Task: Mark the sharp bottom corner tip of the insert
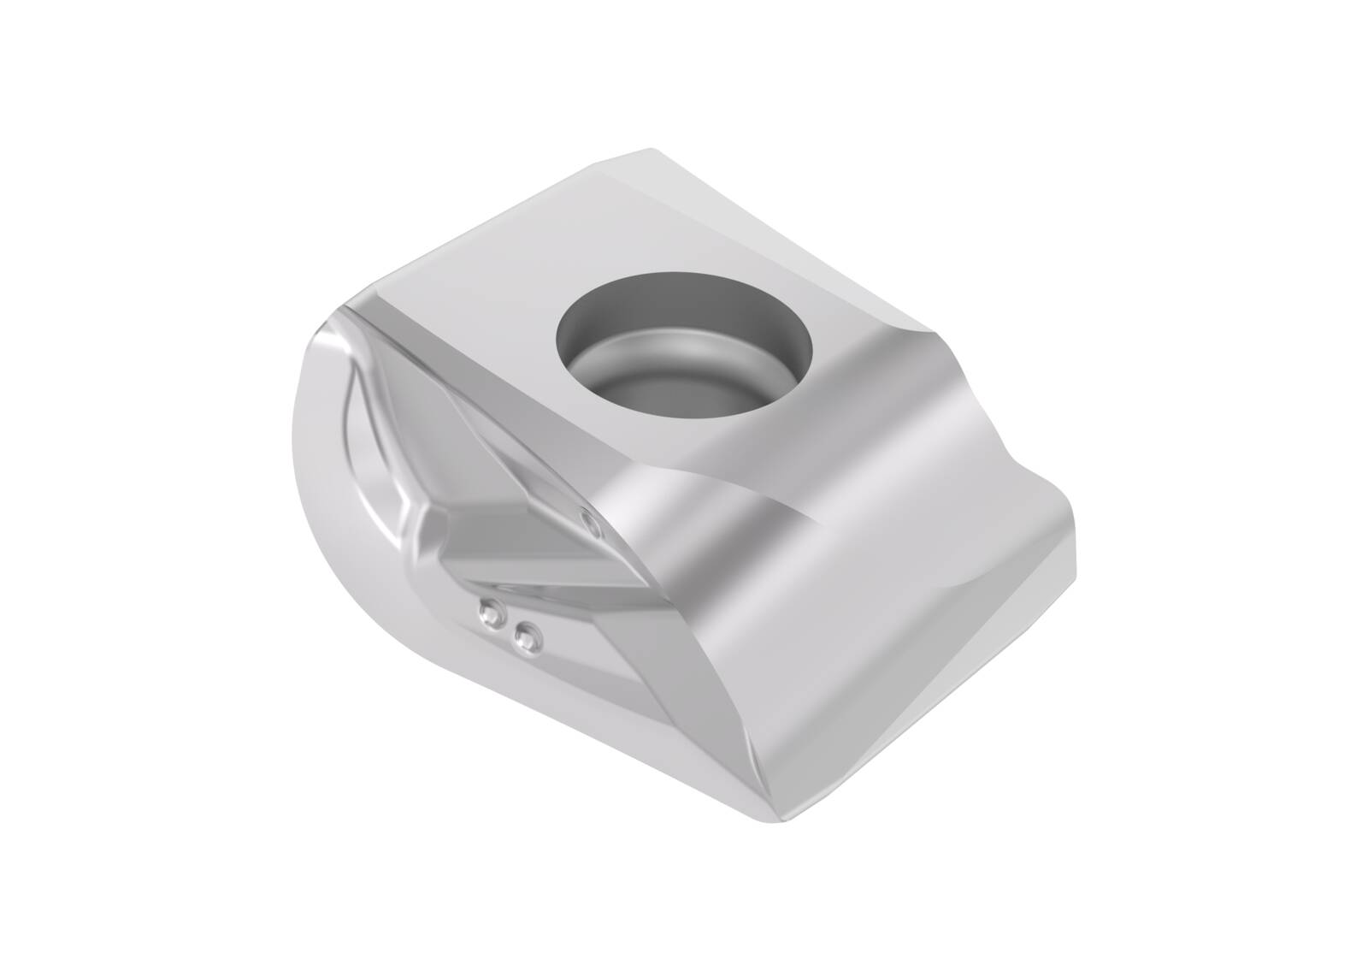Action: [x=782, y=817]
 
